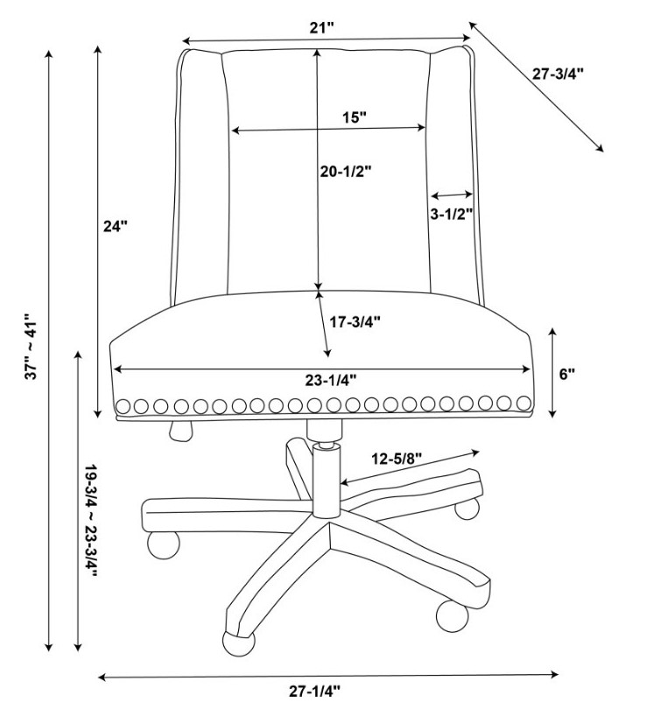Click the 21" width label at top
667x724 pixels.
pyautogui.click(x=322, y=28)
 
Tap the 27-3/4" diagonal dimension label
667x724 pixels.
pyautogui.click(x=558, y=74)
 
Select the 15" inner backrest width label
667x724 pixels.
pyautogui.click(x=354, y=116)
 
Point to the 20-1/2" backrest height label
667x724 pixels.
pyautogui.click(x=347, y=172)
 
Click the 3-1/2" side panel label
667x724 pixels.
pyautogui.click(x=452, y=214)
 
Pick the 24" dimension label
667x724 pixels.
pyautogui.click(x=115, y=226)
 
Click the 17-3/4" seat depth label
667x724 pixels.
pyautogui.click(x=355, y=322)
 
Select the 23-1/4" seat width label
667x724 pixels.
pyautogui.click(x=331, y=380)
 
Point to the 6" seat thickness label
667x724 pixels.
pyautogui.click(x=567, y=374)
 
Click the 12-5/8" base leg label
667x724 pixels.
pyautogui.click(x=397, y=459)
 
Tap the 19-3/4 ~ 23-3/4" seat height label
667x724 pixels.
pyautogui.click(x=91, y=521)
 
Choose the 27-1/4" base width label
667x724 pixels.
pyautogui.click(x=315, y=692)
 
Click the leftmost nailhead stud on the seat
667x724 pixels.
pyautogui.click(x=123, y=406)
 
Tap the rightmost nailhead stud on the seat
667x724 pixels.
pyautogui.click(x=523, y=404)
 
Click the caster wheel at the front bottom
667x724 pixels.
pyautogui.click(x=238, y=642)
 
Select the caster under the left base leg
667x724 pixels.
pyautogui.click(x=163, y=545)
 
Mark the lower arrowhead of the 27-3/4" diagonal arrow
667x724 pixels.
pyautogui.click(x=600, y=148)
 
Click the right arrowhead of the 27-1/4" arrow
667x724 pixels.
pyautogui.click(x=554, y=674)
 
